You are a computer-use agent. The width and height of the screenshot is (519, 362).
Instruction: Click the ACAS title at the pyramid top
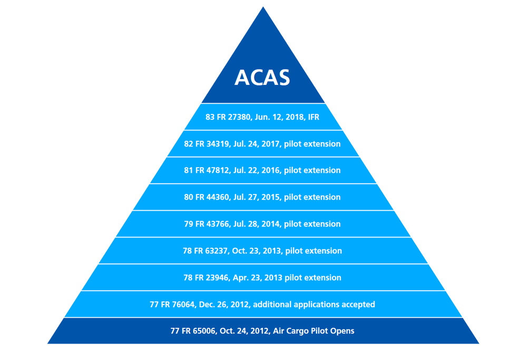(x=262, y=77)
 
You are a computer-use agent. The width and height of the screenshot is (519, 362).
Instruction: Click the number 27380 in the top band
(x=239, y=117)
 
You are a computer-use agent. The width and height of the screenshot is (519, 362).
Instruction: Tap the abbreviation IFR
(x=314, y=117)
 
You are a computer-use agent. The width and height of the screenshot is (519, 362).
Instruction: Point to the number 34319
(x=218, y=144)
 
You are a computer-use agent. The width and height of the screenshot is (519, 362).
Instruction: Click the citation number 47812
(x=218, y=170)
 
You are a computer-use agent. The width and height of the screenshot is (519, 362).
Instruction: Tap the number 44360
(x=218, y=197)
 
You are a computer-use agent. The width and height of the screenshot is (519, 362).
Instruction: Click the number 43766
(x=218, y=224)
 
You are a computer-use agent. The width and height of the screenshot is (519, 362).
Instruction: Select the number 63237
(x=217, y=251)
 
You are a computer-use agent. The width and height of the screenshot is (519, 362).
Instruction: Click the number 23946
(x=217, y=278)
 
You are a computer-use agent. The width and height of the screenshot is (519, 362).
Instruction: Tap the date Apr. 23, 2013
(x=258, y=278)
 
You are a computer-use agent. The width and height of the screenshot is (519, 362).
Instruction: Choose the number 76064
(x=183, y=305)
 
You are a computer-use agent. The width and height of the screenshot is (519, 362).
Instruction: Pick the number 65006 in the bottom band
(x=204, y=331)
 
